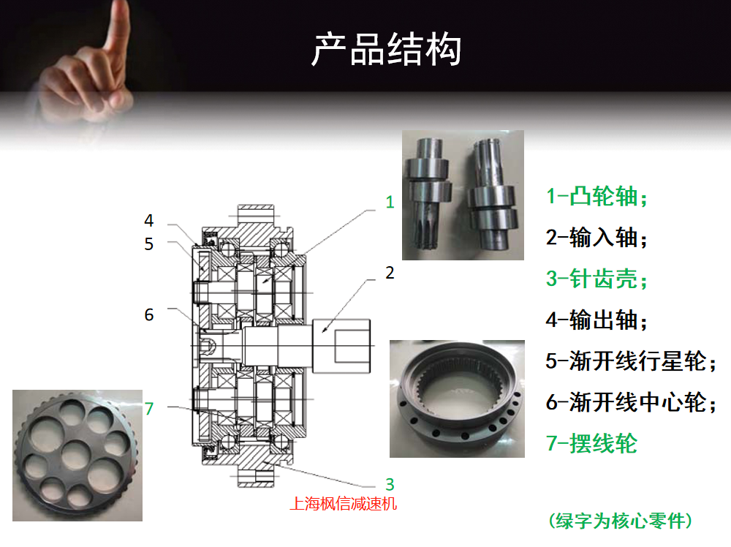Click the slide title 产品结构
tap(387, 49)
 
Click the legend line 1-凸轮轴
tap(596, 196)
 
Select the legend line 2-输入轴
tap(596, 238)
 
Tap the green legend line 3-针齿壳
tap(596, 279)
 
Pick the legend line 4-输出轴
tap(596, 320)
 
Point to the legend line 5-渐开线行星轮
tap(631, 361)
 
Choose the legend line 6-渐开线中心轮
tap(631, 402)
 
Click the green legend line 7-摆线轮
tap(591, 443)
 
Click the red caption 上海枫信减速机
tap(343, 504)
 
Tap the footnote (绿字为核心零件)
tap(621, 521)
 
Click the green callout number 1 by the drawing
tap(390, 202)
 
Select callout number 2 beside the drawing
tap(390, 273)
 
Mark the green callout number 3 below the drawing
tap(390, 485)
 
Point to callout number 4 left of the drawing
tap(148, 220)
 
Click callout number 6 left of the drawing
tap(148, 314)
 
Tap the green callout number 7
tap(148, 409)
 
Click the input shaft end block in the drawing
tap(341, 346)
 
